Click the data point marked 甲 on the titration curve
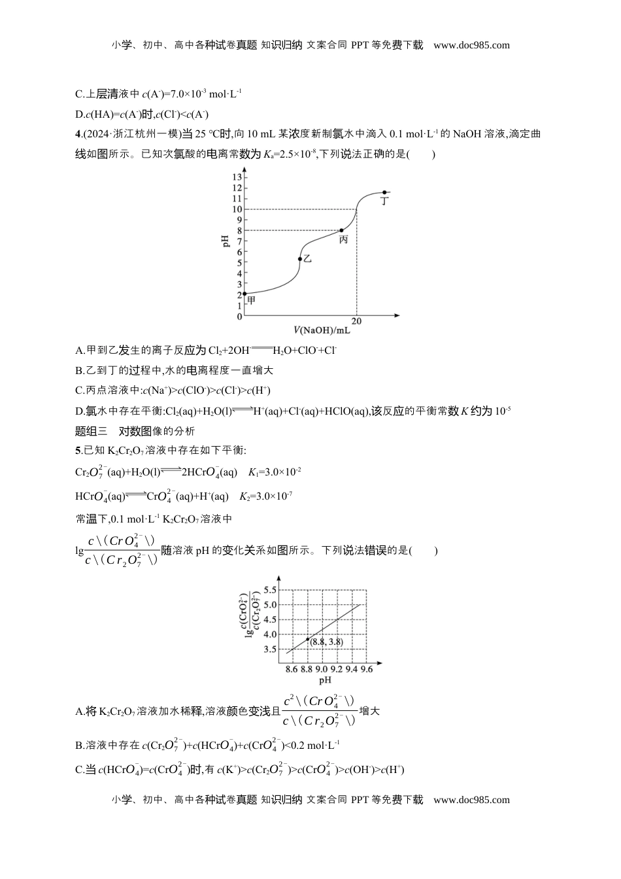pyautogui.click(x=244, y=294)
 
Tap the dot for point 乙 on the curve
pyautogui.click(x=300, y=259)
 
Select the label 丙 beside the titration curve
pyautogui.click(x=343, y=240)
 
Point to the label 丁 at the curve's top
pyautogui.click(x=385, y=201)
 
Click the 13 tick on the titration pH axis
pyautogui.click(x=237, y=177)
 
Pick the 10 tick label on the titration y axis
pyautogui.click(x=237, y=209)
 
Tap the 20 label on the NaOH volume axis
pyautogui.click(x=357, y=321)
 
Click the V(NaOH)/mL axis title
pyautogui.click(x=322, y=331)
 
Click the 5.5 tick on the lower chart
pyautogui.click(x=269, y=590)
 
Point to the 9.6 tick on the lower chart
pyautogui.click(x=366, y=669)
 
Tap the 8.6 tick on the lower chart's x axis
pyautogui.click(x=292, y=669)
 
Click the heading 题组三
pyautogui.click(x=92, y=431)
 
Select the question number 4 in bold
pyautogui.click(x=78, y=134)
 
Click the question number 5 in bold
pyautogui.click(x=78, y=450)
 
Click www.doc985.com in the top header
pyautogui.click(x=471, y=45)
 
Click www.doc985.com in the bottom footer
pyautogui.click(x=471, y=799)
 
